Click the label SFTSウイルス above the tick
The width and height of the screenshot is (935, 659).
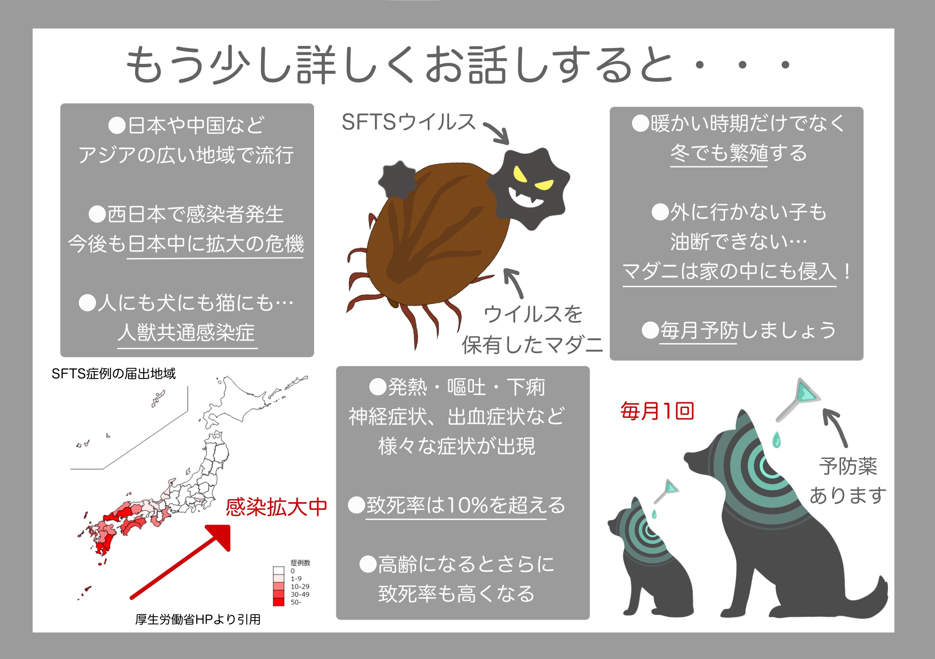[409, 122]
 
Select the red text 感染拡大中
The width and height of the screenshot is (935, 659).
[276, 507]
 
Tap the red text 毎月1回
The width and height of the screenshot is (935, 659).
[657, 411]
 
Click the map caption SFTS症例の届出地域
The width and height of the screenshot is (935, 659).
[114, 374]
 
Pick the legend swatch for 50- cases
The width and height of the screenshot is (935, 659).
[279, 602]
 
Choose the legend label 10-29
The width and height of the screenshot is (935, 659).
[300, 587]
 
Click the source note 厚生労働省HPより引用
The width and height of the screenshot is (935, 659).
[198, 620]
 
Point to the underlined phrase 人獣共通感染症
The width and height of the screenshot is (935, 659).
[187, 332]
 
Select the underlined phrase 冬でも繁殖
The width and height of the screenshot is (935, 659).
[719, 153]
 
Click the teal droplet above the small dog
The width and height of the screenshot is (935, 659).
[654, 514]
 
